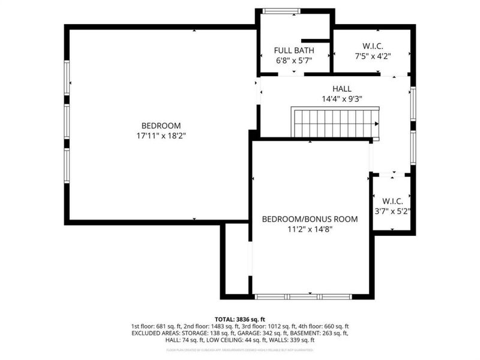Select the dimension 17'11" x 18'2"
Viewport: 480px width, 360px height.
pyautogui.click(x=161, y=136)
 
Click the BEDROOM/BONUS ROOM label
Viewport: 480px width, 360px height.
pyautogui.click(x=310, y=219)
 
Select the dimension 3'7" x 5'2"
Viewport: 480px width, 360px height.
pyautogui.click(x=392, y=211)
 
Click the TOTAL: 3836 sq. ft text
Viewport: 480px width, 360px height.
pyautogui.click(x=239, y=319)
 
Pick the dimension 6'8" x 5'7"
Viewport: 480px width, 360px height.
pyautogui.click(x=293, y=60)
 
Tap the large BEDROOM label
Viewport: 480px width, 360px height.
pyautogui.click(x=161, y=125)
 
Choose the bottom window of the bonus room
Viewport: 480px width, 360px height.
pyautogui.click(x=304, y=296)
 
